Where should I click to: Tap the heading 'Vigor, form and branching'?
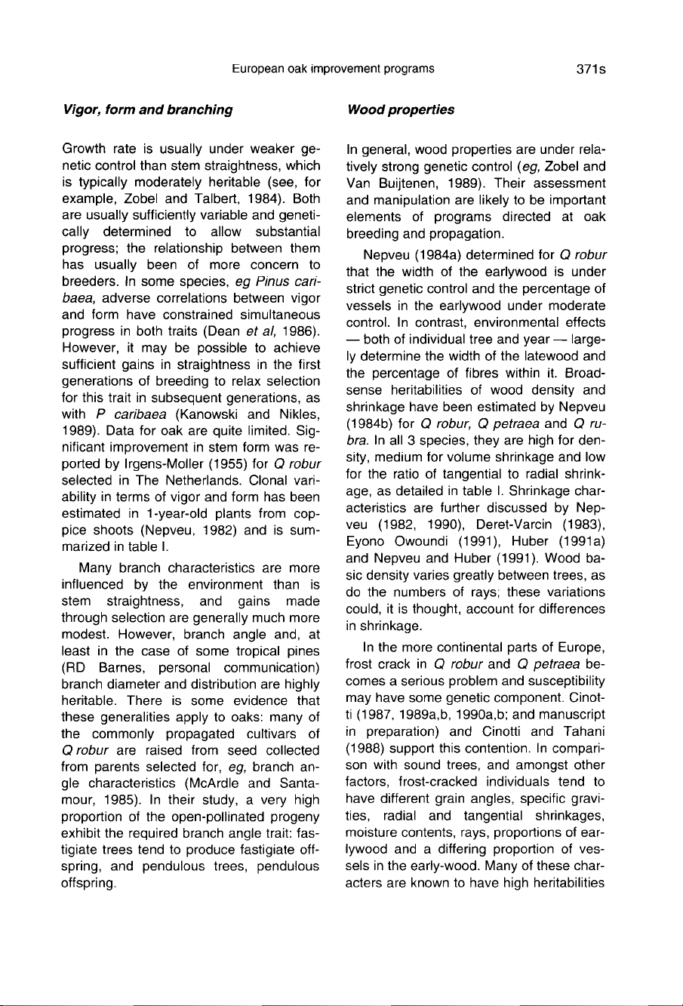pos(147,109)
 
